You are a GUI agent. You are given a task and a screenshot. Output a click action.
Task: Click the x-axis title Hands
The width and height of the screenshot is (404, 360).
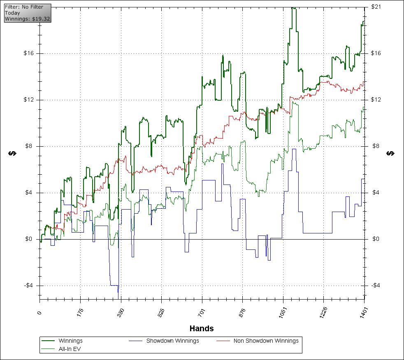[202, 328]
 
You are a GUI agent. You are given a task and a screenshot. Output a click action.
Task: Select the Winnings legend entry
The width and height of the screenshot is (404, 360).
[70, 341]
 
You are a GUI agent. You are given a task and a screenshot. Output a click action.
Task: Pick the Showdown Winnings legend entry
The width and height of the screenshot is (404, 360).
[172, 341]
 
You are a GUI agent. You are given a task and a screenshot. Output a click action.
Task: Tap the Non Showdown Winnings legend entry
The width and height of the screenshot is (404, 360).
[266, 341]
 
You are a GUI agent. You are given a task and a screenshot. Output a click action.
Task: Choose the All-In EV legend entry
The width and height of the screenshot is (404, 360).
[70, 348]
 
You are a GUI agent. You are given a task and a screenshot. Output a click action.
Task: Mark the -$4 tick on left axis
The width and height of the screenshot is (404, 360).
[30, 286]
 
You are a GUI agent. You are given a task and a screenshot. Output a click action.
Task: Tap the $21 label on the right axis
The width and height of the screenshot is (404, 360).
[376, 7]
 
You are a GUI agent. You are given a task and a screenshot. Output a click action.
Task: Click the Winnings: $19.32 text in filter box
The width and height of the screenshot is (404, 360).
[27, 19]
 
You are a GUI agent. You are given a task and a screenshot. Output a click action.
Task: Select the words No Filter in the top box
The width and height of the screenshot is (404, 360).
[33, 7]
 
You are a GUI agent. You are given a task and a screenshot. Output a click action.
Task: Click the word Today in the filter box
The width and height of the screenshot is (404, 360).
[12, 13]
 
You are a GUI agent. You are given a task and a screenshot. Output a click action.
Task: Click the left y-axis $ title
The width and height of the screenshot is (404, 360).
[13, 153]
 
